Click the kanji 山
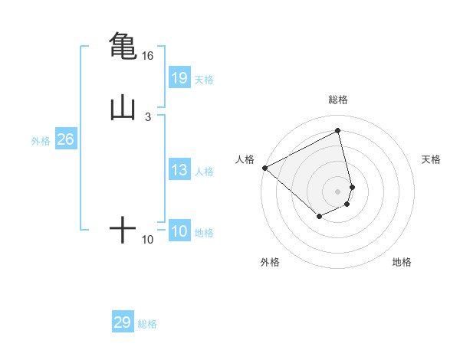pos(123,106)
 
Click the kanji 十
pos(123,229)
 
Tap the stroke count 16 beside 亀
pos(147,56)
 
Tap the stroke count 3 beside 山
pos(147,116)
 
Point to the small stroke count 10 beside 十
pos(147,240)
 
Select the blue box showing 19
pos(179,78)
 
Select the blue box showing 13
pos(179,171)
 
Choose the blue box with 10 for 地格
pos(179,231)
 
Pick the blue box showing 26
pos(65,139)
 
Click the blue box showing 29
pos(122,322)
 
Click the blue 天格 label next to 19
pos(204,80)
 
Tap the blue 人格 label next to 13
pos(204,172)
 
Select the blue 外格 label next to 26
pos(41,141)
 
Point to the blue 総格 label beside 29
pos(147,324)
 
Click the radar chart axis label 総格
pos(338,100)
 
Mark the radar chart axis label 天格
pos(432,159)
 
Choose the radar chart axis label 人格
pos(245,159)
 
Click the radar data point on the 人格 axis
pos(264,168)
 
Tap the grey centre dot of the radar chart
pos(338,191)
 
